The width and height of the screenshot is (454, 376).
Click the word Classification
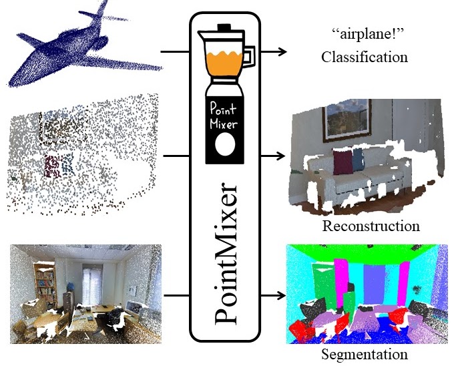pos(364,57)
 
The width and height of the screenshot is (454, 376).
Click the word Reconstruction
pos(371,226)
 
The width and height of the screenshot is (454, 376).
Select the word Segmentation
pos(364,354)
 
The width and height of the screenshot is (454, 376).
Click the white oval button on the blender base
pos(225,144)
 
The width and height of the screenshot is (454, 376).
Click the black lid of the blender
pos(224,30)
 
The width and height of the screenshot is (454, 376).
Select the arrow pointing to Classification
pos(274,51)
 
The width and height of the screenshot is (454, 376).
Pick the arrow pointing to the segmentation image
pos(274,295)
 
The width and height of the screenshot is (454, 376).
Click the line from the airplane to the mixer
pos(175,51)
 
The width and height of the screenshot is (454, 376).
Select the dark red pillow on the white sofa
pos(343,161)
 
